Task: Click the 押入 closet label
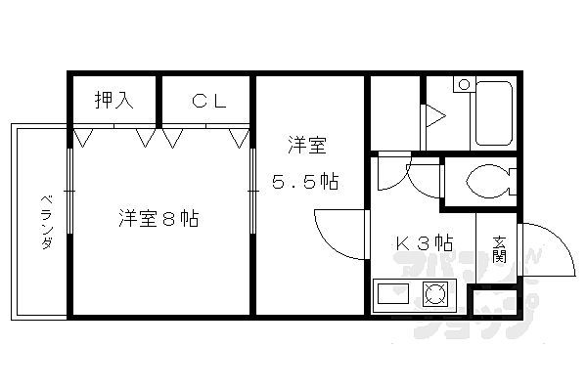point(113,100)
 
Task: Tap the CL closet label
point(209,101)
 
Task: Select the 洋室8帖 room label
point(158,219)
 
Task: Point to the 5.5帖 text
point(305,182)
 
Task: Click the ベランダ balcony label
point(46,222)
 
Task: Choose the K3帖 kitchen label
point(425,243)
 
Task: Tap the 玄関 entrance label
point(499,249)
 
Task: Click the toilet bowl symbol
point(490,182)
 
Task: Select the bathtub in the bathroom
point(493,113)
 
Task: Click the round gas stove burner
point(435,293)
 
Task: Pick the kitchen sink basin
point(393,293)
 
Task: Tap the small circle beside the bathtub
point(464,85)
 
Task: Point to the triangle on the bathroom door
point(435,116)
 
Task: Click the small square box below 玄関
point(495,302)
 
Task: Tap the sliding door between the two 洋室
point(252,191)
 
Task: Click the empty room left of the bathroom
point(395,113)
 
